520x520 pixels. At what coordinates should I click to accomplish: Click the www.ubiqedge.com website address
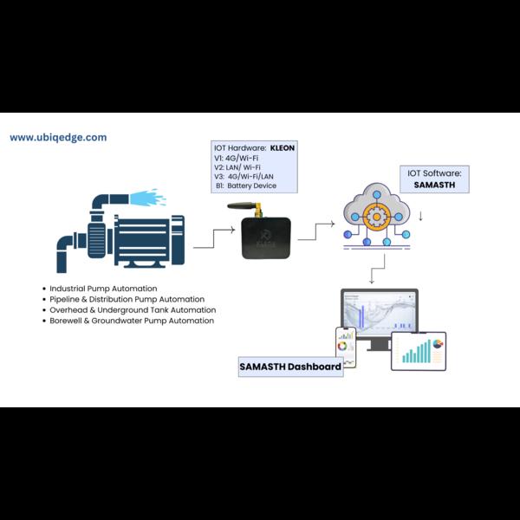point(58,138)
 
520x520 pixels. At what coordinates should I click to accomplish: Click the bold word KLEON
point(283,148)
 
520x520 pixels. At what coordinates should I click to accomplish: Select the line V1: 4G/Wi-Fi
point(236,158)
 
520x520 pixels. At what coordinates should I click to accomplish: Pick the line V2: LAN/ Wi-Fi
point(237,167)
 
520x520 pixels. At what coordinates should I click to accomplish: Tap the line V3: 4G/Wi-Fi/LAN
point(244,177)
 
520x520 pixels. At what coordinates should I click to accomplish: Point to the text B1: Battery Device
point(246,185)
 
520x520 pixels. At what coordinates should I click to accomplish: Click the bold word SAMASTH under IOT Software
point(434,185)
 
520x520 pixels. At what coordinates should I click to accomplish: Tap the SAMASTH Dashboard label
point(290,367)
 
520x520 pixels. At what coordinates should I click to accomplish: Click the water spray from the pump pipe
point(147,198)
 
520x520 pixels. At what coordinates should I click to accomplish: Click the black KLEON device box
point(266,237)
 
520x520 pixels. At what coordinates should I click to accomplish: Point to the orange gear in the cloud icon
point(376,217)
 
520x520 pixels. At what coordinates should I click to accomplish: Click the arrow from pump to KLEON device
point(214,238)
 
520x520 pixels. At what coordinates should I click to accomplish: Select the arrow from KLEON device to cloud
point(315,231)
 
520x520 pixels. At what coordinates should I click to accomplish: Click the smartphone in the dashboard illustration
point(346,348)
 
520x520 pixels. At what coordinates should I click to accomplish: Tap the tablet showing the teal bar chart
point(419,351)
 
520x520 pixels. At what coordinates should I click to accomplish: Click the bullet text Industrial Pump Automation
point(103,289)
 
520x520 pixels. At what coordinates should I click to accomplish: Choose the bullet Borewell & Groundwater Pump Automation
point(132,321)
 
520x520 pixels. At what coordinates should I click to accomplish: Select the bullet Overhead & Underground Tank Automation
point(133,310)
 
